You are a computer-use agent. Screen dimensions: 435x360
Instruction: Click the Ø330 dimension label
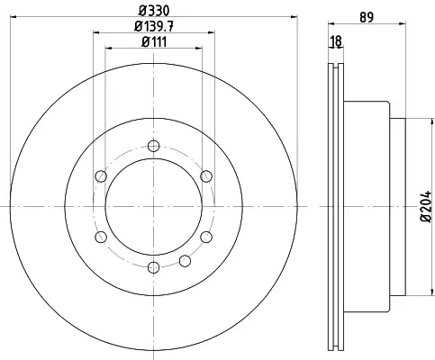tap(154, 11)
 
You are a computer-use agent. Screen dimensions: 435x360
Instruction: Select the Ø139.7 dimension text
tap(154, 26)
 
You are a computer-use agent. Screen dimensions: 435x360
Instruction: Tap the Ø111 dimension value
tap(154, 41)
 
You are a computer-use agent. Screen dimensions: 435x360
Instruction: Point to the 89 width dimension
tap(367, 17)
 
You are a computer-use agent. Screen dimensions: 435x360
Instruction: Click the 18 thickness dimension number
tap(336, 41)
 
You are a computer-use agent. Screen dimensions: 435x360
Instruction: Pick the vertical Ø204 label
tap(426, 206)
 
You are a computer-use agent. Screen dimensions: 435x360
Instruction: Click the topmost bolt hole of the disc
tap(154, 146)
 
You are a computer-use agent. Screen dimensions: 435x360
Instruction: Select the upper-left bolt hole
tap(101, 176)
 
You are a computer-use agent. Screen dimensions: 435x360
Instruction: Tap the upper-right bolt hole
tap(206, 176)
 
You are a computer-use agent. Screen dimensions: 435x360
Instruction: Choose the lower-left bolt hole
tap(101, 237)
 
